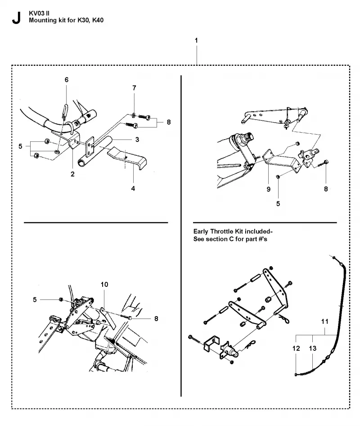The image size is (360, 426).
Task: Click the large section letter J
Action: click(x=16, y=18)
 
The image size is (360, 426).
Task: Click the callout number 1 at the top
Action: click(x=196, y=41)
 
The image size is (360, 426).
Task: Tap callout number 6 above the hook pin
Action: click(x=67, y=80)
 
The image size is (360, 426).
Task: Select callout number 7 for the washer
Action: click(x=134, y=88)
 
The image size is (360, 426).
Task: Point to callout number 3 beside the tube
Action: click(x=137, y=140)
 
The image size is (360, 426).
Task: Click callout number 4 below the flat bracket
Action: click(x=133, y=188)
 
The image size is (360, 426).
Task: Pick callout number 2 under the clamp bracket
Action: click(x=72, y=174)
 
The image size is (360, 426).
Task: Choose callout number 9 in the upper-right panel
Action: click(x=269, y=189)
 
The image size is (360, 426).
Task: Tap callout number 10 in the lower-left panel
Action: click(x=104, y=285)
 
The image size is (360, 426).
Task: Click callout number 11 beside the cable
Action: click(x=325, y=322)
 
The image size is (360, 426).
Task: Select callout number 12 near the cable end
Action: click(x=296, y=348)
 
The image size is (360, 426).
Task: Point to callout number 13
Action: click(x=313, y=348)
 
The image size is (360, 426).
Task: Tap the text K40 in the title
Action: click(x=98, y=20)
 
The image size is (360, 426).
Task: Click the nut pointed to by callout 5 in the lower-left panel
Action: click(x=61, y=299)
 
